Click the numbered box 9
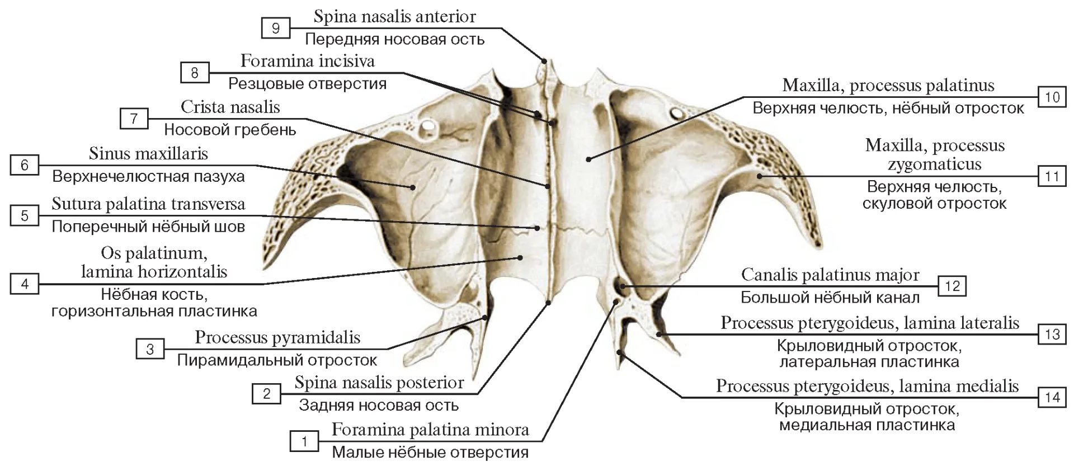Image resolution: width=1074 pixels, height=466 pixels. (x=276, y=28)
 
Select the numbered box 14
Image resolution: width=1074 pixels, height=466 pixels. (x=1052, y=397)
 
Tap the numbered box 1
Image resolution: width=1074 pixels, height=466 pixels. (x=304, y=441)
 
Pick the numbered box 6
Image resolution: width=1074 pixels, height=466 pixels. (x=24, y=165)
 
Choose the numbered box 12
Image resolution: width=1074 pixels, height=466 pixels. (x=952, y=286)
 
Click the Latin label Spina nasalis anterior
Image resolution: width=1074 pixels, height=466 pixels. (x=394, y=16)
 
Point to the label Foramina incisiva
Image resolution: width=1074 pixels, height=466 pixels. (x=308, y=60)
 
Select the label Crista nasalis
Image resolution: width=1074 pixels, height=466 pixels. (x=230, y=106)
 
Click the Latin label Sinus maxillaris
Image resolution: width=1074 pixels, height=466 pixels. (x=148, y=153)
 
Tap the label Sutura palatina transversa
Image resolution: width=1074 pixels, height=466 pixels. (x=148, y=204)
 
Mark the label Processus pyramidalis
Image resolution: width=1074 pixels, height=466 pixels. (x=277, y=337)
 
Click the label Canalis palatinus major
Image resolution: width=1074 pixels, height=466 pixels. (x=830, y=275)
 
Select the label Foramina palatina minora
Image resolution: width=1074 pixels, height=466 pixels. (x=430, y=430)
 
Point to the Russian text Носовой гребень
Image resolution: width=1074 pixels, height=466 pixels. (x=230, y=130)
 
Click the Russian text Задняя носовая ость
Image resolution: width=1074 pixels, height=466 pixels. (x=379, y=405)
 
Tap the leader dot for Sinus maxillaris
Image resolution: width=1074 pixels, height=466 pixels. (x=413, y=187)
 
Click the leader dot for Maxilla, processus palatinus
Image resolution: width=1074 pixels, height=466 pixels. (x=588, y=159)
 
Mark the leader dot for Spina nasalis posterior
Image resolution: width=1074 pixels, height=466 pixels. (x=549, y=303)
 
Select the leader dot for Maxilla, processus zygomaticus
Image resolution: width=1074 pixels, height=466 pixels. (x=760, y=177)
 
